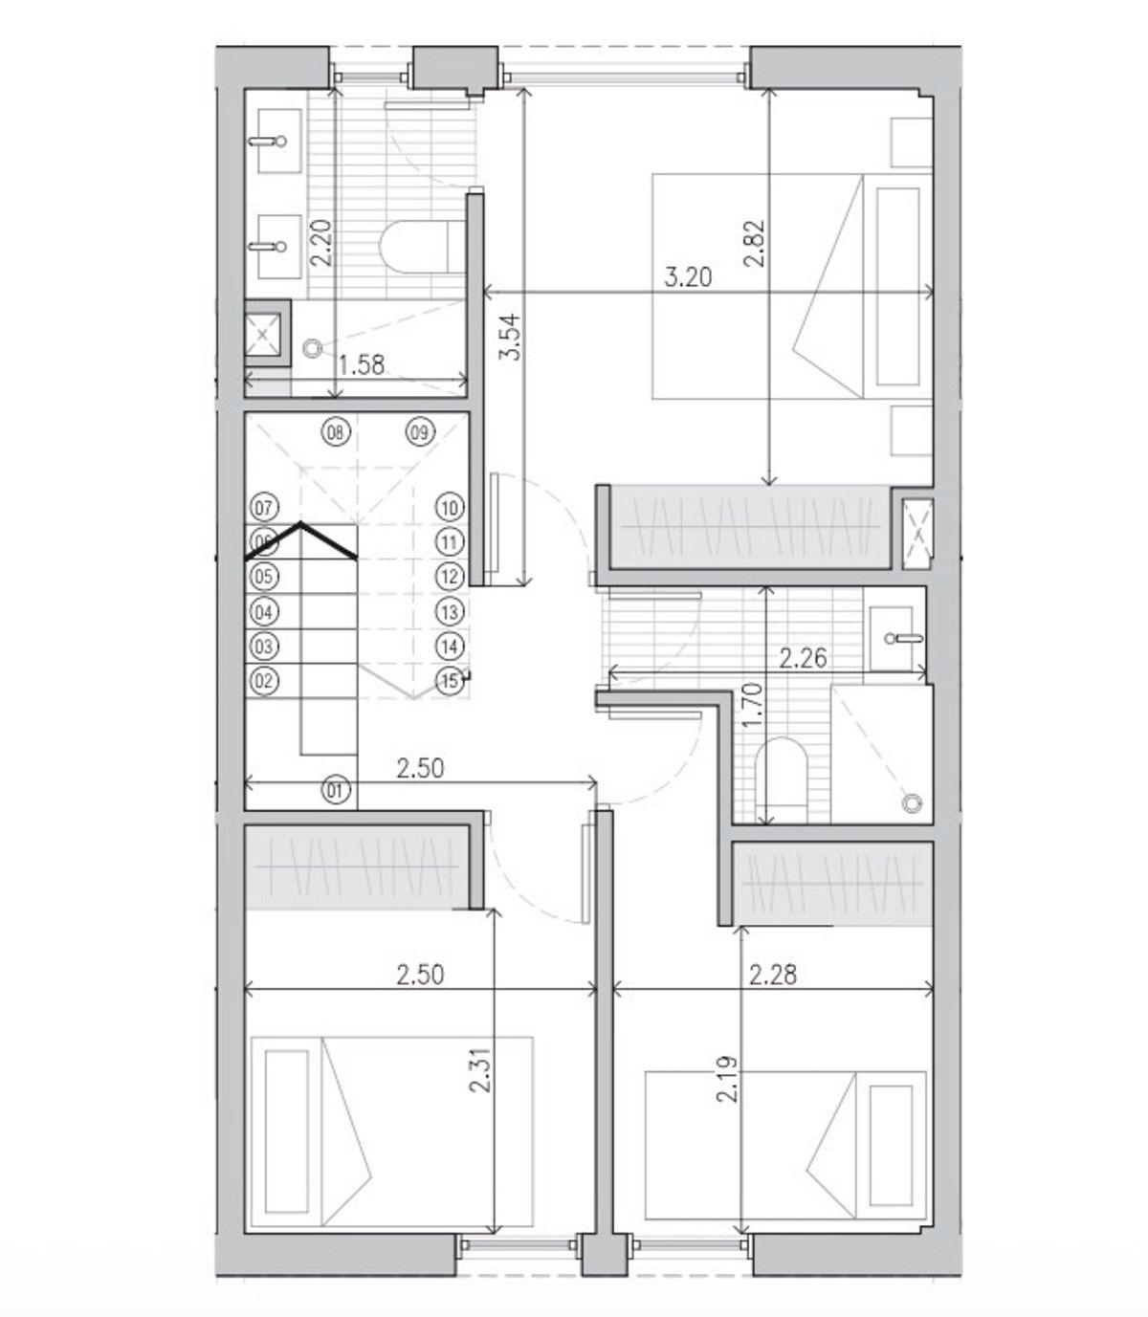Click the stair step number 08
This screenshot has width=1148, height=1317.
(x=336, y=432)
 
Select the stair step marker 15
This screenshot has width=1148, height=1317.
(x=450, y=680)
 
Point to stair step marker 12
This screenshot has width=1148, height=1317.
(x=450, y=576)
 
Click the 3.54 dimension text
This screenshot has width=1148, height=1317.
(x=511, y=337)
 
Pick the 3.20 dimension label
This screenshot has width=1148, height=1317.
(x=688, y=278)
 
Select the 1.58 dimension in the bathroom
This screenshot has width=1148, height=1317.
(x=362, y=365)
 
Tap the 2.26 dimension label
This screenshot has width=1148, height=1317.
(x=803, y=659)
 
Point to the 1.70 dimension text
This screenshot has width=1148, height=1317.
(x=752, y=706)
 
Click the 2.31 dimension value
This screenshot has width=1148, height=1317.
(x=481, y=1069)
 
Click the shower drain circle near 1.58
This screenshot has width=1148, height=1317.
(x=312, y=348)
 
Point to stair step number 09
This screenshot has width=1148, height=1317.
(x=419, y=432)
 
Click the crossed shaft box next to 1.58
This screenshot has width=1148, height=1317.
(x=263, y=334)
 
